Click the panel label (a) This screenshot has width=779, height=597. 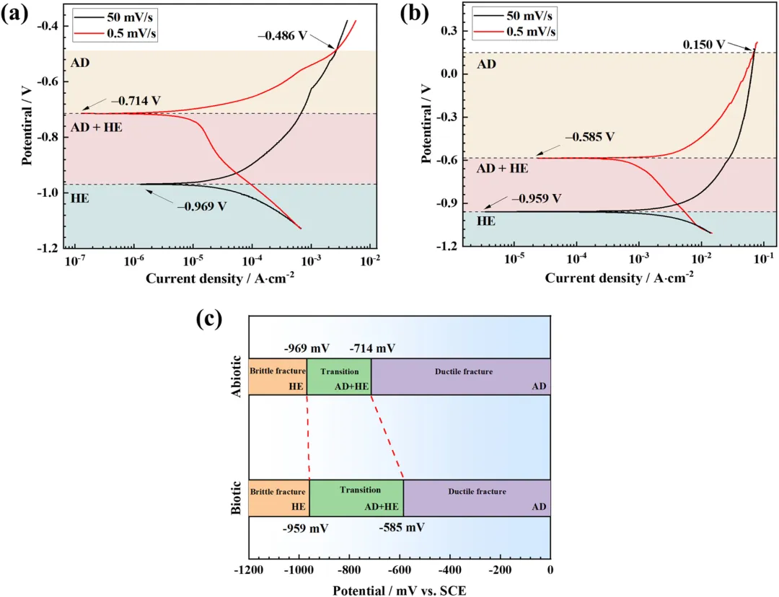pos(15,14)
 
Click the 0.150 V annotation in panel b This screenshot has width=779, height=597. pos(704,44)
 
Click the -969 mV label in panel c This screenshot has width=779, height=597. pos(307,348)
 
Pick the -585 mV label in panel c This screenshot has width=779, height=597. pos(402,527)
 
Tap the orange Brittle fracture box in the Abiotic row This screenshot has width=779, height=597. pos(278,376)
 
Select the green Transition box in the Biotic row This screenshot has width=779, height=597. pos(356,497)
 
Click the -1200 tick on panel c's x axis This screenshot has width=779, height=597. pos(249,570)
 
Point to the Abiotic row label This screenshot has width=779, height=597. pos(237,376)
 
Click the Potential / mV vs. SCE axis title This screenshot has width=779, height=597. pos(399,590)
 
